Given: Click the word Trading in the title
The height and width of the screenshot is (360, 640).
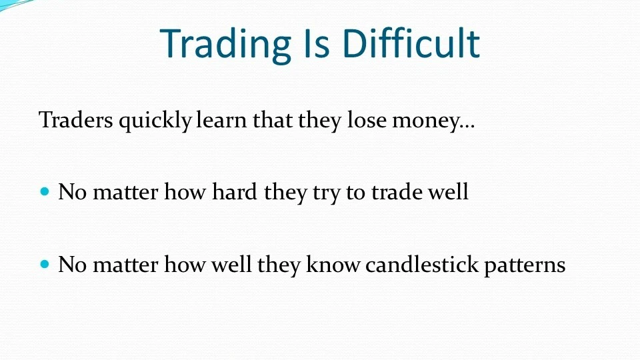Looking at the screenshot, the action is tap(225, 45).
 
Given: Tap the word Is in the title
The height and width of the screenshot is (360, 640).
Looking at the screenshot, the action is tap(316, 43).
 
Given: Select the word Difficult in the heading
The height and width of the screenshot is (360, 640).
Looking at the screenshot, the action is tap(411, 43).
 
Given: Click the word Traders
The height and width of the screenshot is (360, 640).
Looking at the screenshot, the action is tap(75, 120).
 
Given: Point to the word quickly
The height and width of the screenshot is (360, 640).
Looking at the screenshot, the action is tap(155, 121).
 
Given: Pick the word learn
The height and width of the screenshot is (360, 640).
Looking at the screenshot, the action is tap(221, 119).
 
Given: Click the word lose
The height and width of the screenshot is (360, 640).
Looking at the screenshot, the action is tap(367, 120).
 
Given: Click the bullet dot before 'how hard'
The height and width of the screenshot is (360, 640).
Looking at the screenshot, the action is tap(45, 191).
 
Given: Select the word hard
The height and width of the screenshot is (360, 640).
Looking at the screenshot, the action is tap(234, 192).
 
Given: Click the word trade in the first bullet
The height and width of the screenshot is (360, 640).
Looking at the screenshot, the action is tap(396, 192).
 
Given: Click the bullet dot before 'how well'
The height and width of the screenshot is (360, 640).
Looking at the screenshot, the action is tap(45, 264).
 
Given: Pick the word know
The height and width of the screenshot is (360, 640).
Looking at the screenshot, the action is tap(333, 264).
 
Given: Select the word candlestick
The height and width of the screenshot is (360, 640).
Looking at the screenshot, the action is tap(421, 264).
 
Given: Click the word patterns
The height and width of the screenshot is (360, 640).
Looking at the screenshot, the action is tap(525, 266).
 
